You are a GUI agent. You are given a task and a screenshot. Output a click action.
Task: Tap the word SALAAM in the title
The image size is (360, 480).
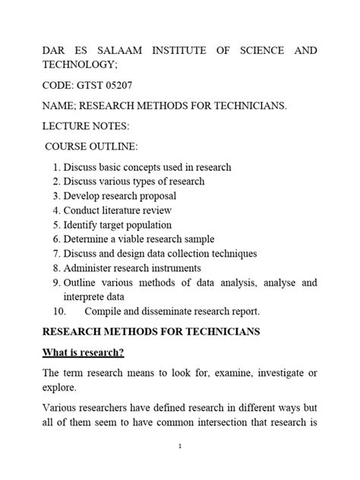105,50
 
